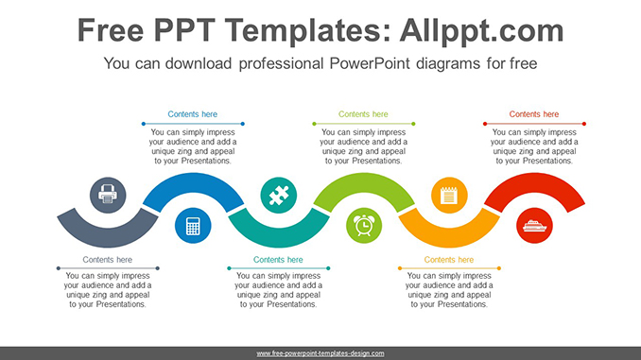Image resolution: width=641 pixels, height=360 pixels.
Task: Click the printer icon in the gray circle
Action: (107, 196)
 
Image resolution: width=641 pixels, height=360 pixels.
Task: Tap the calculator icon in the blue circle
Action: (193, 226)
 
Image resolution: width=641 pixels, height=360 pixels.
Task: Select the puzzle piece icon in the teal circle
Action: (278, 196)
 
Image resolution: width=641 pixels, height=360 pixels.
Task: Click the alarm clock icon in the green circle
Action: (363, 226)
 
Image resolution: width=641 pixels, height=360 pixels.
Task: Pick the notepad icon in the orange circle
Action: (449, 196)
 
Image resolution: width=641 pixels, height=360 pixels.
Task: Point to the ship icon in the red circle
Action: (534, 226)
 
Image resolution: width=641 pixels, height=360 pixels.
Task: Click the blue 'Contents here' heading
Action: (193, 114)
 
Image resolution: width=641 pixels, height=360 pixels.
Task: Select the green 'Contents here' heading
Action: (363, 114)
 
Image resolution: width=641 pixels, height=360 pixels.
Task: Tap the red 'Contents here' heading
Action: (534, 114)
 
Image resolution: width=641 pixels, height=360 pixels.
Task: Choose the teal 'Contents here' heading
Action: (278, 259)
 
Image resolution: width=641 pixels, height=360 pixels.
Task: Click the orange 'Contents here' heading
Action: (449, 259)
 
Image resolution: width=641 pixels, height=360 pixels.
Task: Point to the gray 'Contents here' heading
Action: (107, 259)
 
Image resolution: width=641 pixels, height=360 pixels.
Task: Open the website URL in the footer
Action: (320, 353)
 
